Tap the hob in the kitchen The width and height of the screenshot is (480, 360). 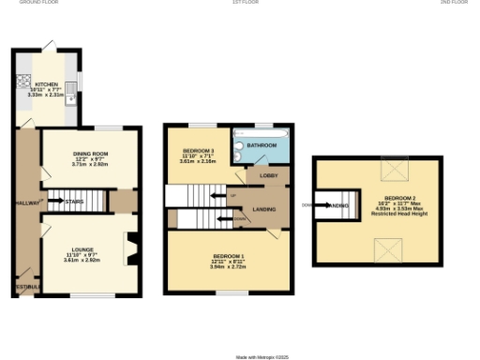point(21,80)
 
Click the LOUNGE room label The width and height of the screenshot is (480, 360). point(82,249)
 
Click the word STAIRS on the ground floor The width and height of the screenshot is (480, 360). point(75,200)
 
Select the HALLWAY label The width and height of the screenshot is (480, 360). point(24,203)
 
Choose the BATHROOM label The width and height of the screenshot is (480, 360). point(262,145)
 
